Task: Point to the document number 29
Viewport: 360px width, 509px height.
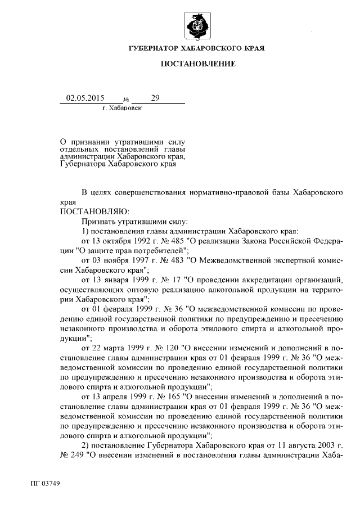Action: tap(155, 98)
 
